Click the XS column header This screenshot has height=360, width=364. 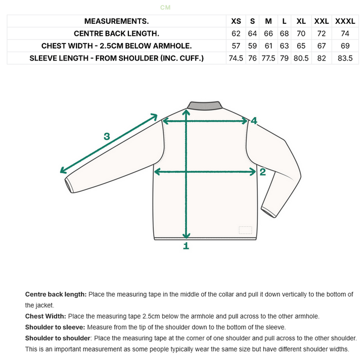[x=236, y=21]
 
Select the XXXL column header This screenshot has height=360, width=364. [x=345, y=21]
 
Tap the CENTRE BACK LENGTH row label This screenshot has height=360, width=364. [x=117, y=33]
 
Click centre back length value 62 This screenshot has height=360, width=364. [x=236, y=33]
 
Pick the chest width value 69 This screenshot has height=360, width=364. [x=345, y=45]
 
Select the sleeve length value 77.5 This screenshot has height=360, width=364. [x=268, y=58]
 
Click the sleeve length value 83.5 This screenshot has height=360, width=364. [x=345, y=58]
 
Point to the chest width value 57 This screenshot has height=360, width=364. [x=236, y=45]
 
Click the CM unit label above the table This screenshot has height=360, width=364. [x=165, y=8]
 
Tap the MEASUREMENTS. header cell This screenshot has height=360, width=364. [x=117, y=21]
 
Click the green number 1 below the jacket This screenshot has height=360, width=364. [x=186, y=246]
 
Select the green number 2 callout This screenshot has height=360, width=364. [x=262, y=172]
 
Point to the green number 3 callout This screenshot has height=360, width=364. [x=107, y=136]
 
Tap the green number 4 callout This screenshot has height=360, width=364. [x=254, y=121]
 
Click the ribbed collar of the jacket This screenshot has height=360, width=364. [x=205, y=105]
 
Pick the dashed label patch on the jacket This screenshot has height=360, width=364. [x=245, y=230]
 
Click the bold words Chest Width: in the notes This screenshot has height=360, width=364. [x=45, y=316]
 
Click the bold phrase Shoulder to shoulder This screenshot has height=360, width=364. [x=58, y=338]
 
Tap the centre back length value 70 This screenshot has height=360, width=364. [x=301, y=33]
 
